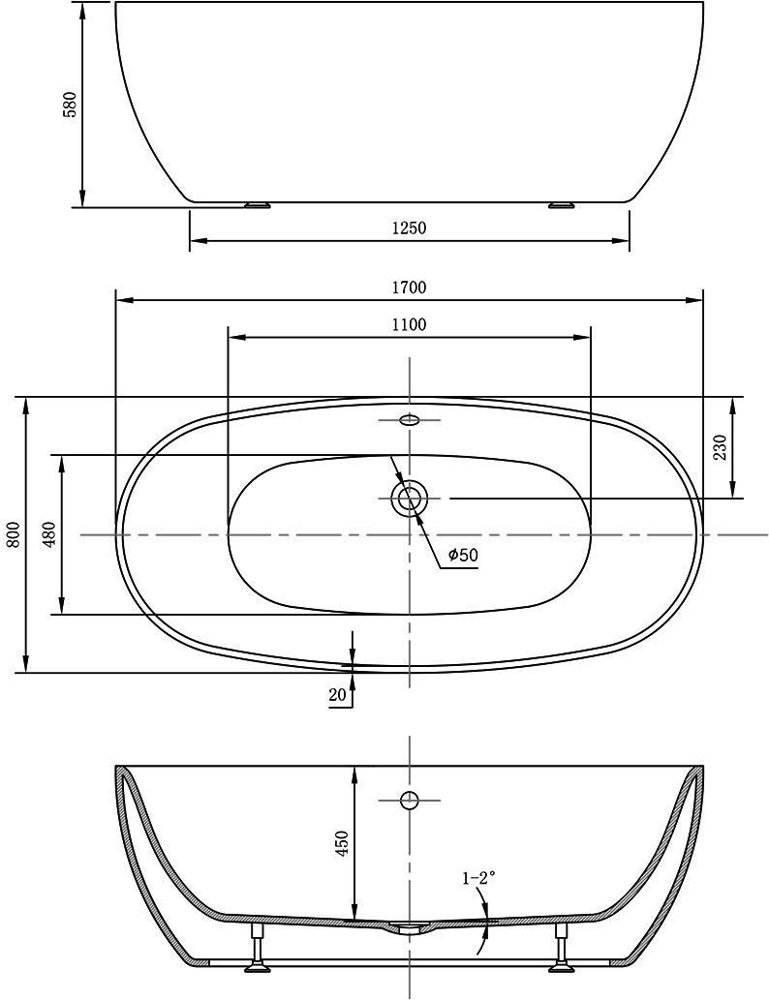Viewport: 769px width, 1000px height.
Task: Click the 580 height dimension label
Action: coord(69,104)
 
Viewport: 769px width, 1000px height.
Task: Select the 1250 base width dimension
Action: coord(409,227)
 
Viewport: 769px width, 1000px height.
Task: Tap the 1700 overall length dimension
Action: coord(409,288)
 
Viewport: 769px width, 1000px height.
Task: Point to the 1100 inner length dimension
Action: coord(409,324)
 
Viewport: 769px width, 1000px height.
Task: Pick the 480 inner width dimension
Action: coord(51,533)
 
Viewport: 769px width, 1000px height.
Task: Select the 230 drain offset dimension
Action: coord(721,447)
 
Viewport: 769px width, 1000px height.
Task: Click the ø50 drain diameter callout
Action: coord(463,555)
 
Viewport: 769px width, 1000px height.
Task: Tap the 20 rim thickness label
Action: coord(338,694)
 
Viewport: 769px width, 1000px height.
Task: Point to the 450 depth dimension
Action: coord(343,843)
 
